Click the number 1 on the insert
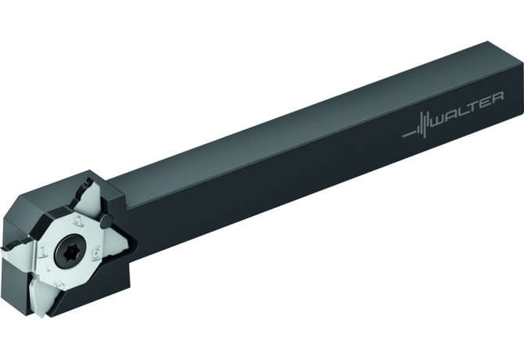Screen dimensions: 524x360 coord(44,250)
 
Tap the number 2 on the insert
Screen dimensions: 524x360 coord(79,221)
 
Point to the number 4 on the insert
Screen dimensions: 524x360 coord(61,284)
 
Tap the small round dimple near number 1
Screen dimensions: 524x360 coord(49,268)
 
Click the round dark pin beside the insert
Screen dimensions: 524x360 coord(107,220)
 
